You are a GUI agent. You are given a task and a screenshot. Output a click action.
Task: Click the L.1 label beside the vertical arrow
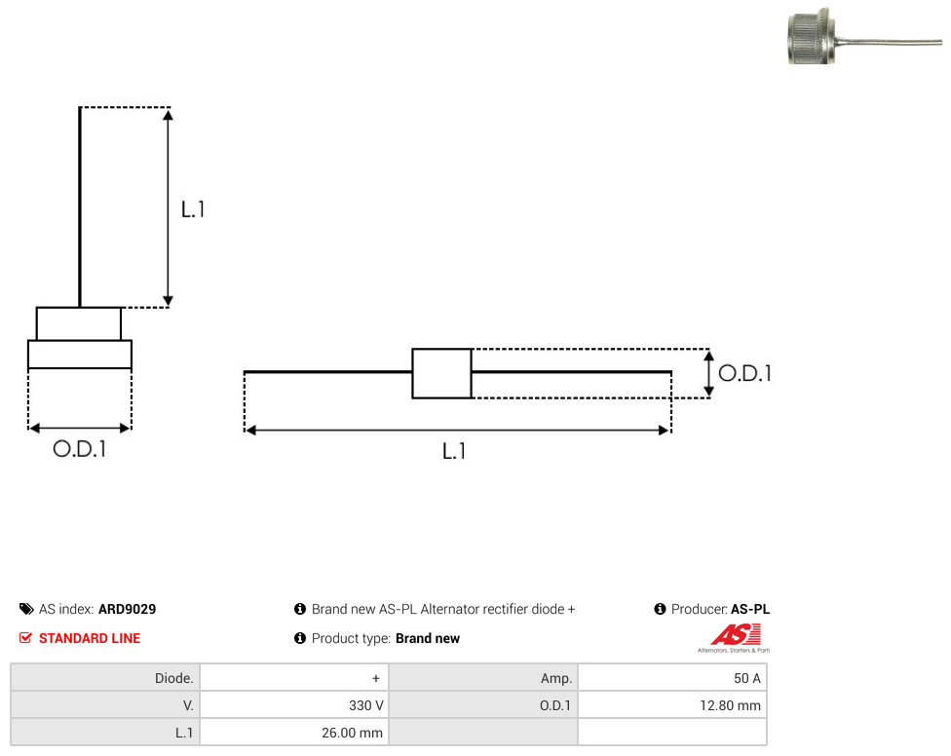(193, 209)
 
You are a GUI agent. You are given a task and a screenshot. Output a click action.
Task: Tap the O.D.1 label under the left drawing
(80, 449)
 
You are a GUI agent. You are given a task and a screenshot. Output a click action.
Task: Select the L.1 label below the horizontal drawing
(454, 452)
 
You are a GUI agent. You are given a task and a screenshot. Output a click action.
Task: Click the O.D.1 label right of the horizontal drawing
(744, 373)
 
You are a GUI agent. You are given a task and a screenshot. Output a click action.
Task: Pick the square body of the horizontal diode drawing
(442, 373)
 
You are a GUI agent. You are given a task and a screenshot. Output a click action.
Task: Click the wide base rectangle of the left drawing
(80, 355)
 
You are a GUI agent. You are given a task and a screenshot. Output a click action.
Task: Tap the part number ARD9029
(128, 609)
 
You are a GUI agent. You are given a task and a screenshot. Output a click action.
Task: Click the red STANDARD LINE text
(90, 638)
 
